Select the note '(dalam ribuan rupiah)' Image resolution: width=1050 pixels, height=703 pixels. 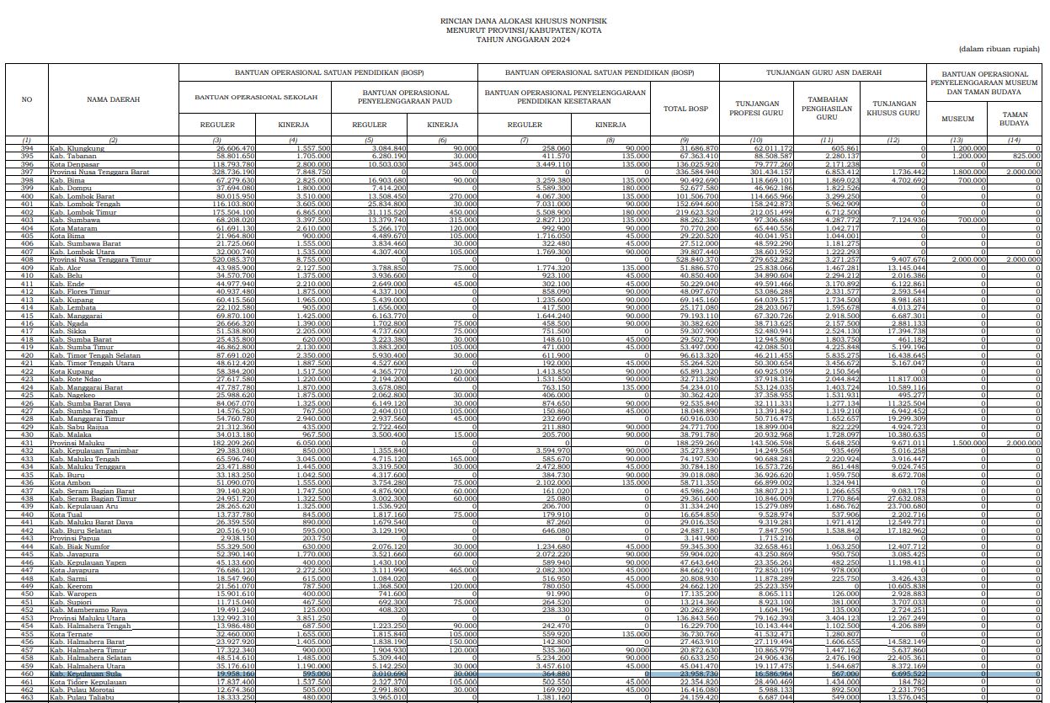point(999,50)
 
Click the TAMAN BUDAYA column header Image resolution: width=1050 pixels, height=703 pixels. point(1015,119)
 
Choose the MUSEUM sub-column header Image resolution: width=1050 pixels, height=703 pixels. point(957,119)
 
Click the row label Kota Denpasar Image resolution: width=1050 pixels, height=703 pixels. point(73,163)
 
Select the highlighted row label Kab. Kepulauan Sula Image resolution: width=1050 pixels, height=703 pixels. point(84,674)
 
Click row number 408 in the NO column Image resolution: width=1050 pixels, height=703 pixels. point(26,259)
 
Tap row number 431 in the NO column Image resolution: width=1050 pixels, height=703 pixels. point(26,441)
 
